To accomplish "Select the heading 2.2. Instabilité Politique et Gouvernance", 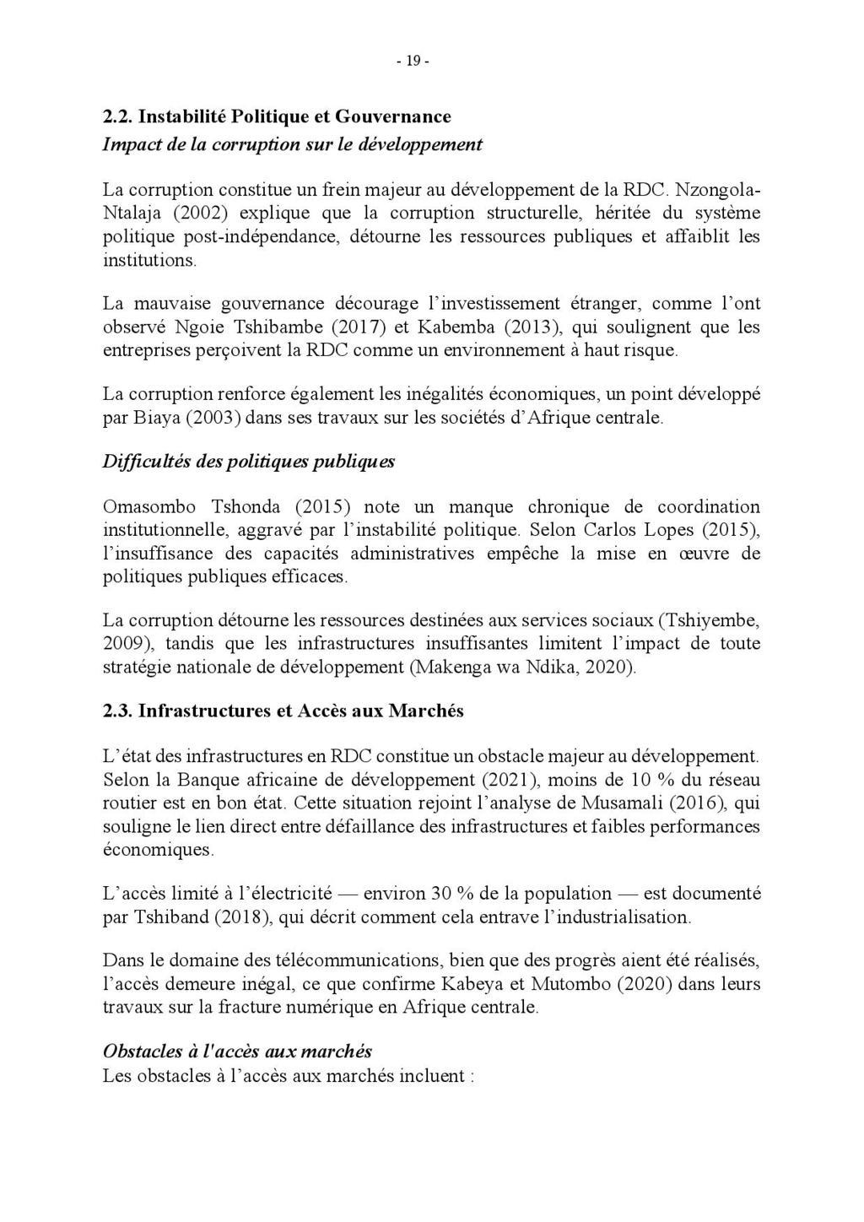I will pyautogui.click(x=277, y=116).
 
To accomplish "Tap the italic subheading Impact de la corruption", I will pyautogui.click(x=292, y=143).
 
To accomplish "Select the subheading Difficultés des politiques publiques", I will pyautogui.click(x=248, y=462).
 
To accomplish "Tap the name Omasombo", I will pyautogui.click(x=149, y=507).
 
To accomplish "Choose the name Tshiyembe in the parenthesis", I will pyautogui.click(x=708, y=620).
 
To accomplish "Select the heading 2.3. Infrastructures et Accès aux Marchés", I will pyautogui.click(x=283, y=711).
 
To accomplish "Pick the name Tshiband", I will pyautogui.click(x=171, y=917).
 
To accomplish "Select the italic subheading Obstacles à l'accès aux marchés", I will pyautogui.click(x=237, y=1052).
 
